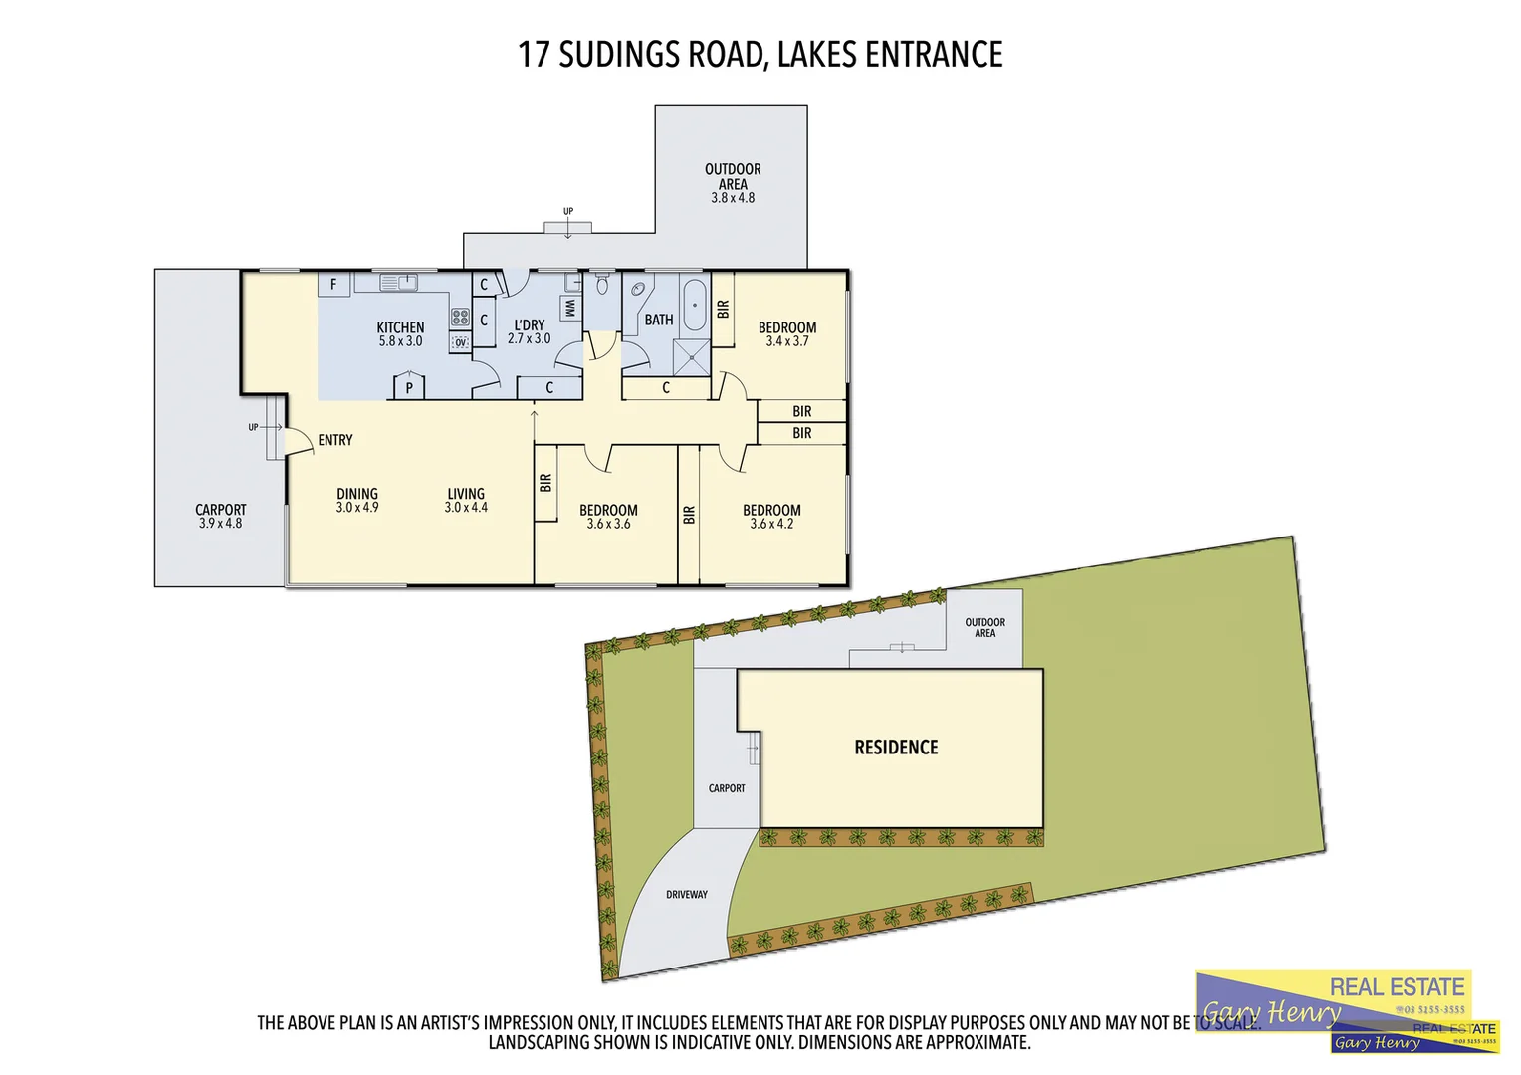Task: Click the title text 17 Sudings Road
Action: tap(760, 54)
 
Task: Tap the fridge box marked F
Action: tap(333, 284)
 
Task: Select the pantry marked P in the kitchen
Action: tap(409, 387)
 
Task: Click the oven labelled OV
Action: tap(460, 342)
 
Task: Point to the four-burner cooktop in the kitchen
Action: tap(460, 318)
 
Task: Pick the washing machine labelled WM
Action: tap(570, 308)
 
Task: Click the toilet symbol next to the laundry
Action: tap(601, 285)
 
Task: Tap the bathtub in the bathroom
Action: tap(694, 304)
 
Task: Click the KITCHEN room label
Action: tap(400, 327)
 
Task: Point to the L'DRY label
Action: tap(529, 325)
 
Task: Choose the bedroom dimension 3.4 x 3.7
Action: tap(786, 341)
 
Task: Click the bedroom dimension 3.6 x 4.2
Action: tap(771, 524)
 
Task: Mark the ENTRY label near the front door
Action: tap(335, 440)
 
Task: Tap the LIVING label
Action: tap(466, 494)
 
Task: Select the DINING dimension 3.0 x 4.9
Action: tap(357, 508)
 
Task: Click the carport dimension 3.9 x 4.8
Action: tap(220, 524)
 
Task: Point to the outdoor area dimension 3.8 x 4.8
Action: tap(733, 198)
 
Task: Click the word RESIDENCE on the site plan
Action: tap(896, 748)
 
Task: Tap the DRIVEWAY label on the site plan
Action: tap(687, 895)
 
